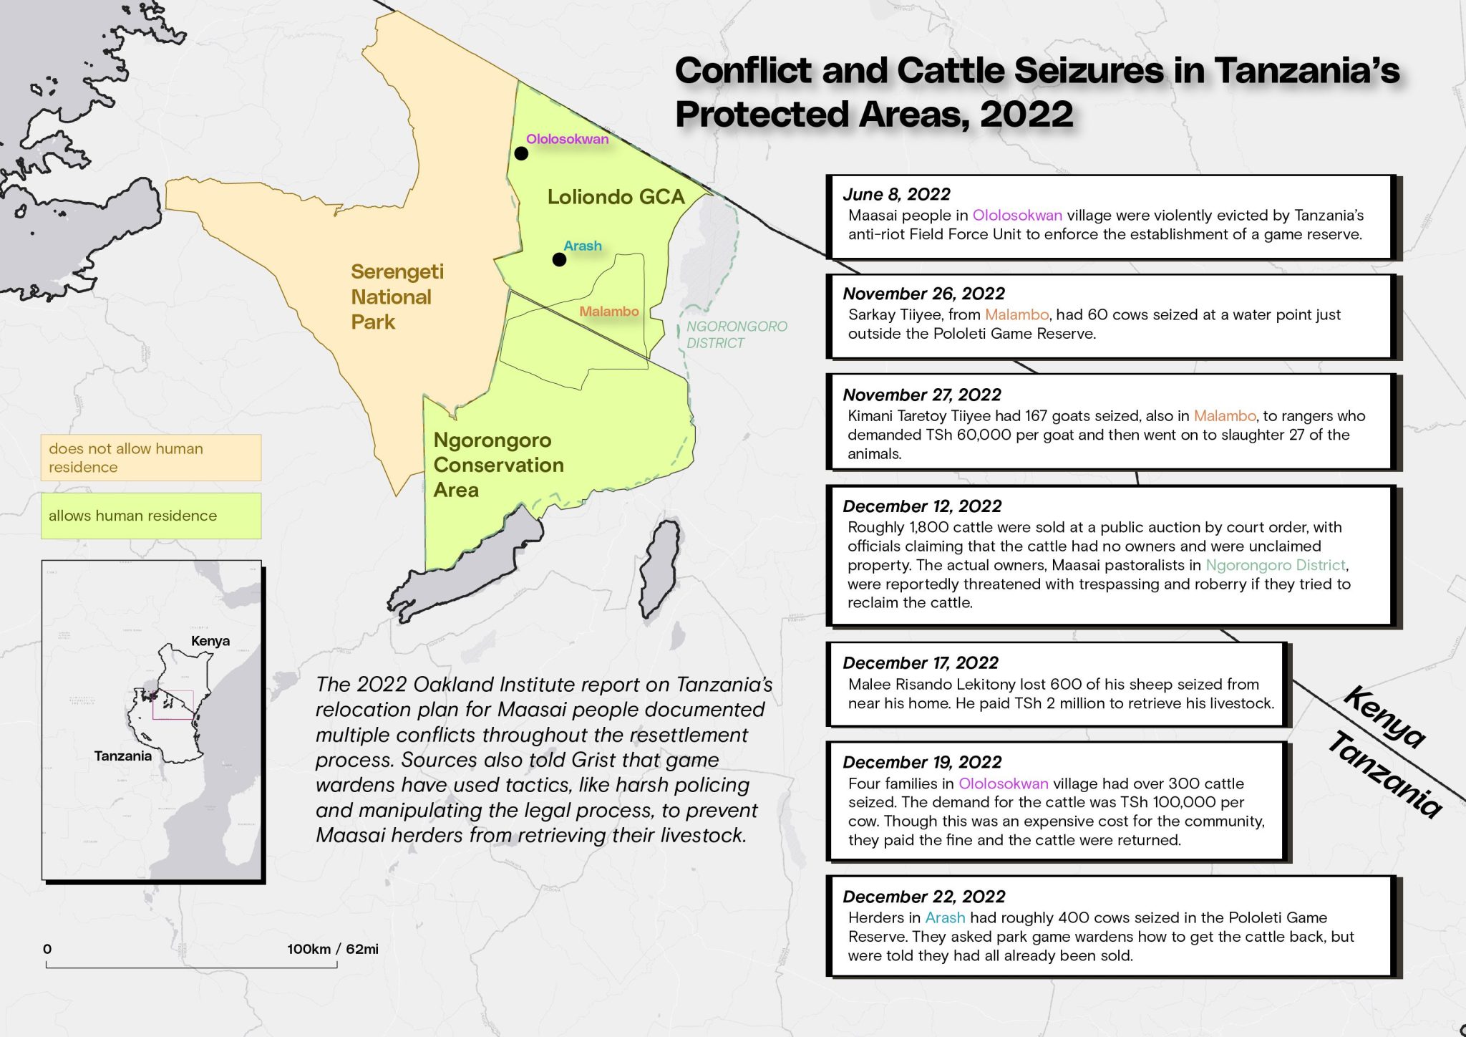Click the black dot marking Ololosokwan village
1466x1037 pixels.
point(521,153)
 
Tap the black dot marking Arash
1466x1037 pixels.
point(559,259)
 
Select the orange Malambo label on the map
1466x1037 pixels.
point(608,312)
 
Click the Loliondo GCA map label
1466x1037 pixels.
point(616,197)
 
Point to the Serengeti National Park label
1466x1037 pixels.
point(396,296)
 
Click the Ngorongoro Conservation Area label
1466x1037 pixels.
point(498,465)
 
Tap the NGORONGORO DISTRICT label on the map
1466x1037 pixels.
point(736,334)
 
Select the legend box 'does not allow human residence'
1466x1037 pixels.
point(150,458)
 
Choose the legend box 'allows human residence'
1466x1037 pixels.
point(150,516)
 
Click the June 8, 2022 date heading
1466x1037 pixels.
point(896,194)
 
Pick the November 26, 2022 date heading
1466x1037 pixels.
point(923,294)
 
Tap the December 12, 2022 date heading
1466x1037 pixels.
point(922,506)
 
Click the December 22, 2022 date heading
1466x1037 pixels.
point(923,897)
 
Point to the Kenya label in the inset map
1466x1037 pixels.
point(210,641)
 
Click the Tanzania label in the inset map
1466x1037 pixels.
point(122,756)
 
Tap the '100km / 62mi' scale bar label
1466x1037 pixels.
point(332,949)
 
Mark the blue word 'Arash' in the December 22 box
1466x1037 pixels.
point(944,917)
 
